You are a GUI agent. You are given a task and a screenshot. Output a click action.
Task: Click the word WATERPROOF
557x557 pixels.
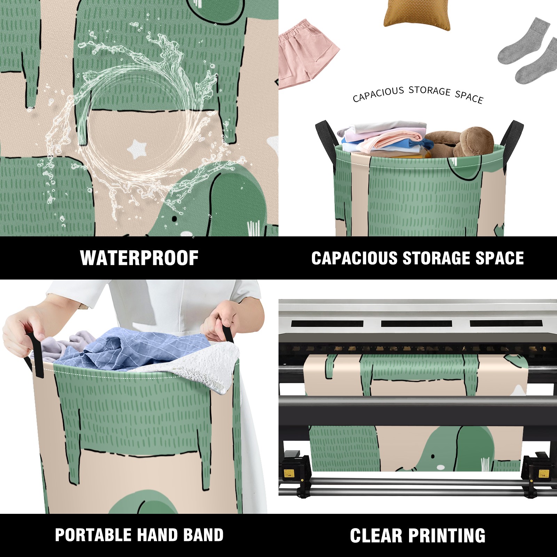(139, 258)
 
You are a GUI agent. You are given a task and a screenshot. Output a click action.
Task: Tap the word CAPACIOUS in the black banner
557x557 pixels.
(354, 258)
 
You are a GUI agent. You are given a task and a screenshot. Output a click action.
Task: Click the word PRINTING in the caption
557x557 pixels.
(447, 535)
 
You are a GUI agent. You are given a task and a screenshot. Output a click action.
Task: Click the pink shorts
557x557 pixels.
(308, 54)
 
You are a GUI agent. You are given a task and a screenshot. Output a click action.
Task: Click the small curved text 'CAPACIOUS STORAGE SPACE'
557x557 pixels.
(418, 95)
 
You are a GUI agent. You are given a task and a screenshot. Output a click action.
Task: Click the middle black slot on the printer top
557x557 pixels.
(416, 323)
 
